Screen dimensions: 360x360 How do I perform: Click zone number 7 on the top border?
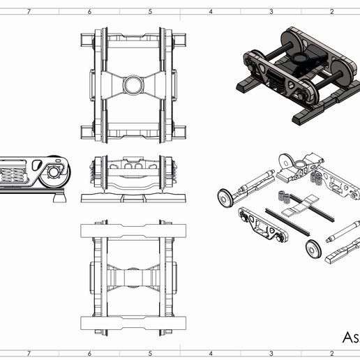pos(28,11)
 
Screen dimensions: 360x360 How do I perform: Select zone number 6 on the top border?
pos(89,11)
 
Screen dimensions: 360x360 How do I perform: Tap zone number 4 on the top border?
pos(210,11)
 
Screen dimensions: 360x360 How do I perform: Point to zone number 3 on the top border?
pos(271,11)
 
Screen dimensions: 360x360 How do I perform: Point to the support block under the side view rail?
pos(60,198)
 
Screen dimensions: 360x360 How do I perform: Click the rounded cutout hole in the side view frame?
pos(36,165)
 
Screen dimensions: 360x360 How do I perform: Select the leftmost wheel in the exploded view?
pos(225,196)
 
